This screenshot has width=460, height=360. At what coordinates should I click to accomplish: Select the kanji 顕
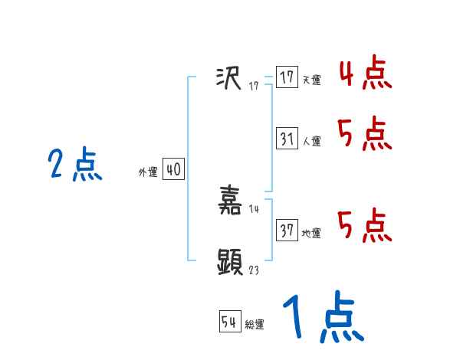(x=230, y=263)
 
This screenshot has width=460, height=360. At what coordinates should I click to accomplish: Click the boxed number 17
(x=287, y=77)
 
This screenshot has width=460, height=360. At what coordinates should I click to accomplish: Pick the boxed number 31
(x=287, y=139)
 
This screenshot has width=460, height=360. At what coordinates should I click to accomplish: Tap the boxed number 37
(x=287, y=231)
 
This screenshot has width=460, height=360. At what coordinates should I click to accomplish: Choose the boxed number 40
(x=173, y=169)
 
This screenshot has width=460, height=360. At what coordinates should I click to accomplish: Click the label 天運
(x=311, y=80)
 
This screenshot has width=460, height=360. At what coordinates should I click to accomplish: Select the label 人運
(x=311, y=141)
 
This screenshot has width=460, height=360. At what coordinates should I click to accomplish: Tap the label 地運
(x=311, y=233)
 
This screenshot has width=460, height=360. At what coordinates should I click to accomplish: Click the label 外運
(x=148, y=172)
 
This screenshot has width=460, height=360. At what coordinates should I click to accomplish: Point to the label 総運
(x=255, y=325)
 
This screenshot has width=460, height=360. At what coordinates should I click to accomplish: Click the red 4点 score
(x=365, y=74)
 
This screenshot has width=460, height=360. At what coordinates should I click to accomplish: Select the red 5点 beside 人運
(x=365, y=135)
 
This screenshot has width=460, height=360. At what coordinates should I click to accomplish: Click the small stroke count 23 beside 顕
(x=255, y=270)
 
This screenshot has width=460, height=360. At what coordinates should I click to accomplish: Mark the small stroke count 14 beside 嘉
(x=255, y=209)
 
